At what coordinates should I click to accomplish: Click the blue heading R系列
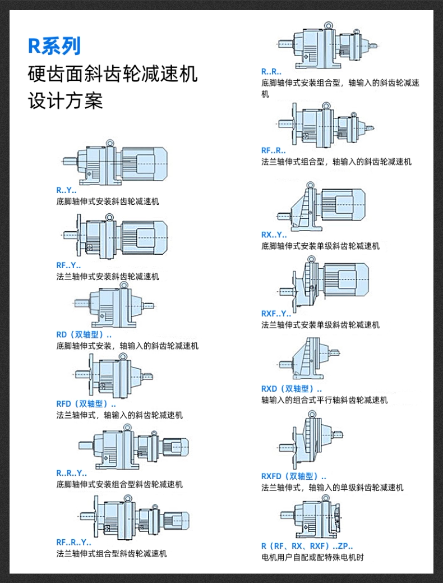pyautogui.click(x=54, y=45)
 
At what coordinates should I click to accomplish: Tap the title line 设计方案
pyautogui.click(x=65, y=100)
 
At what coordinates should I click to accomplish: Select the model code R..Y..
pyautogui.click(x=66, y=190)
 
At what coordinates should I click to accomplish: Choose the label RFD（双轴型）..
pyautogui.click(x=86, y=404)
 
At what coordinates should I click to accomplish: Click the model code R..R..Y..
pyautogui.click(x=72, y=473)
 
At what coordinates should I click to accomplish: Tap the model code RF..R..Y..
pyautogui.click(x=73, y=542)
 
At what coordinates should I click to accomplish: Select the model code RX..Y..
pyautogui.click(x=274, y=235)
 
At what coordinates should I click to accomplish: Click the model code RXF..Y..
pyautogui.click(x=276, y=314)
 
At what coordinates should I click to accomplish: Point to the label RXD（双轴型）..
pyautogui.click(x=291, y=389)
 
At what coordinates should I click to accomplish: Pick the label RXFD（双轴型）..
pyautogui.click(x=293, y=476)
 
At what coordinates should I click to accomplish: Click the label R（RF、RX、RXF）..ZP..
pyautogui.click(x=307, y=546)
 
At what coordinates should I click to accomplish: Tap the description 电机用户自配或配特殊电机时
pyautogui.click(x=312, y=558)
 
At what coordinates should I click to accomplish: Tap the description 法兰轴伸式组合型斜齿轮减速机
pyautogui.click(x=112, y=554)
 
